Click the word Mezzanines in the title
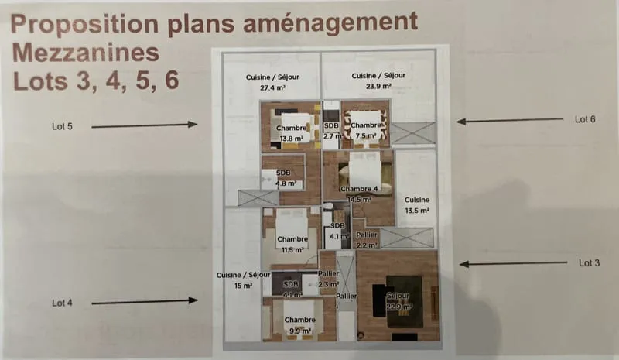(x=86, y=53)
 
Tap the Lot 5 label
(x=63, y=126)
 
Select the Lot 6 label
(x=585, y=119)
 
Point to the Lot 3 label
(x=589, y=262)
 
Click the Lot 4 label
(x=63, y=303)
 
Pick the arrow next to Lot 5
(x=144, y=125)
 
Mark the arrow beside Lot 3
(x=513, y=263)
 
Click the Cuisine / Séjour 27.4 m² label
(x=272, y=82)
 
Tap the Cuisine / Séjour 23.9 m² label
(x=378, y=81)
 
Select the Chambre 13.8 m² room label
(x=292, y=133)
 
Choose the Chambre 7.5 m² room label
(x=366, y=130)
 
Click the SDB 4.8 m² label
(x=286, y=178)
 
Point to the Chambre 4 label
(x=359, y=189)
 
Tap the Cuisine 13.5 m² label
(x=417, y=205)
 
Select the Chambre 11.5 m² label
(x=292, y=244)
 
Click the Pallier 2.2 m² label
(x=367, y=240)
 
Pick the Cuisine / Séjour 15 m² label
(x=243, y=280)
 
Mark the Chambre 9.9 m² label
(x=300, y=325)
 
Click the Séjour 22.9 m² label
(x=399, y=301)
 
